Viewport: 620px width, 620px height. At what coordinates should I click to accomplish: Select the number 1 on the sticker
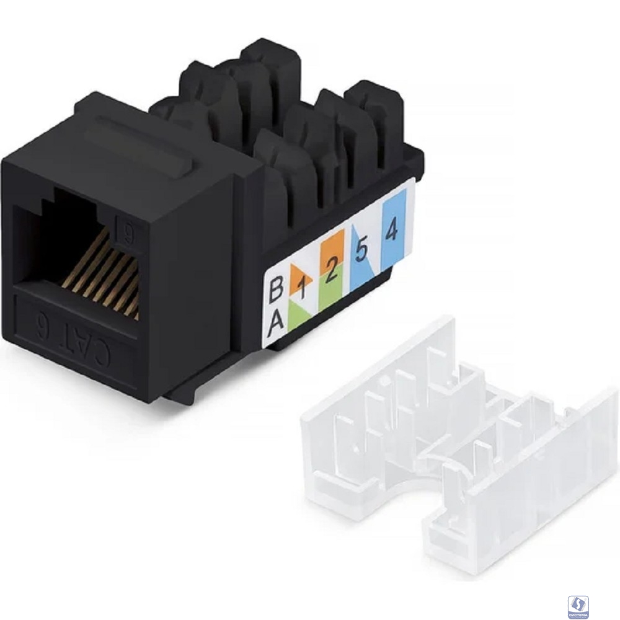303,287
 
